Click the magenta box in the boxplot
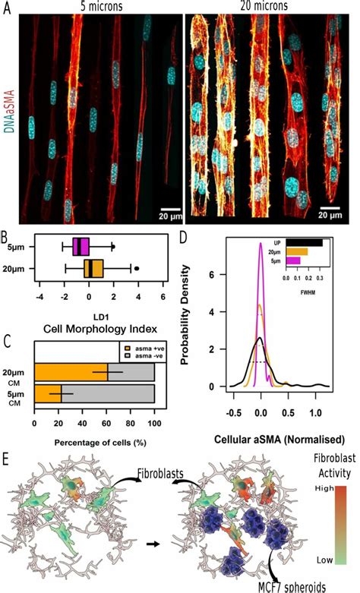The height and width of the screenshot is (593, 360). [81, 246]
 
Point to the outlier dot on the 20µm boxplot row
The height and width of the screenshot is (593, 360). [137, 268]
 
